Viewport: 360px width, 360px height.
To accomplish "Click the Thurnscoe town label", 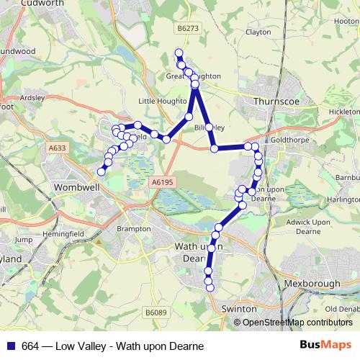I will [x=276, y=102].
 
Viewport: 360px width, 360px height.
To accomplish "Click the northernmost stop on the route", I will [x=179, y=53].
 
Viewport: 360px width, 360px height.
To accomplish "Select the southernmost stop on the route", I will [x=210, y=288].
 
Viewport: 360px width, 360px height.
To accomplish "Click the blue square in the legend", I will [x=11, y=346].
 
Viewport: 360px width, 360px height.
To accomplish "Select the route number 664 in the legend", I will [x=30, y=346].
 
